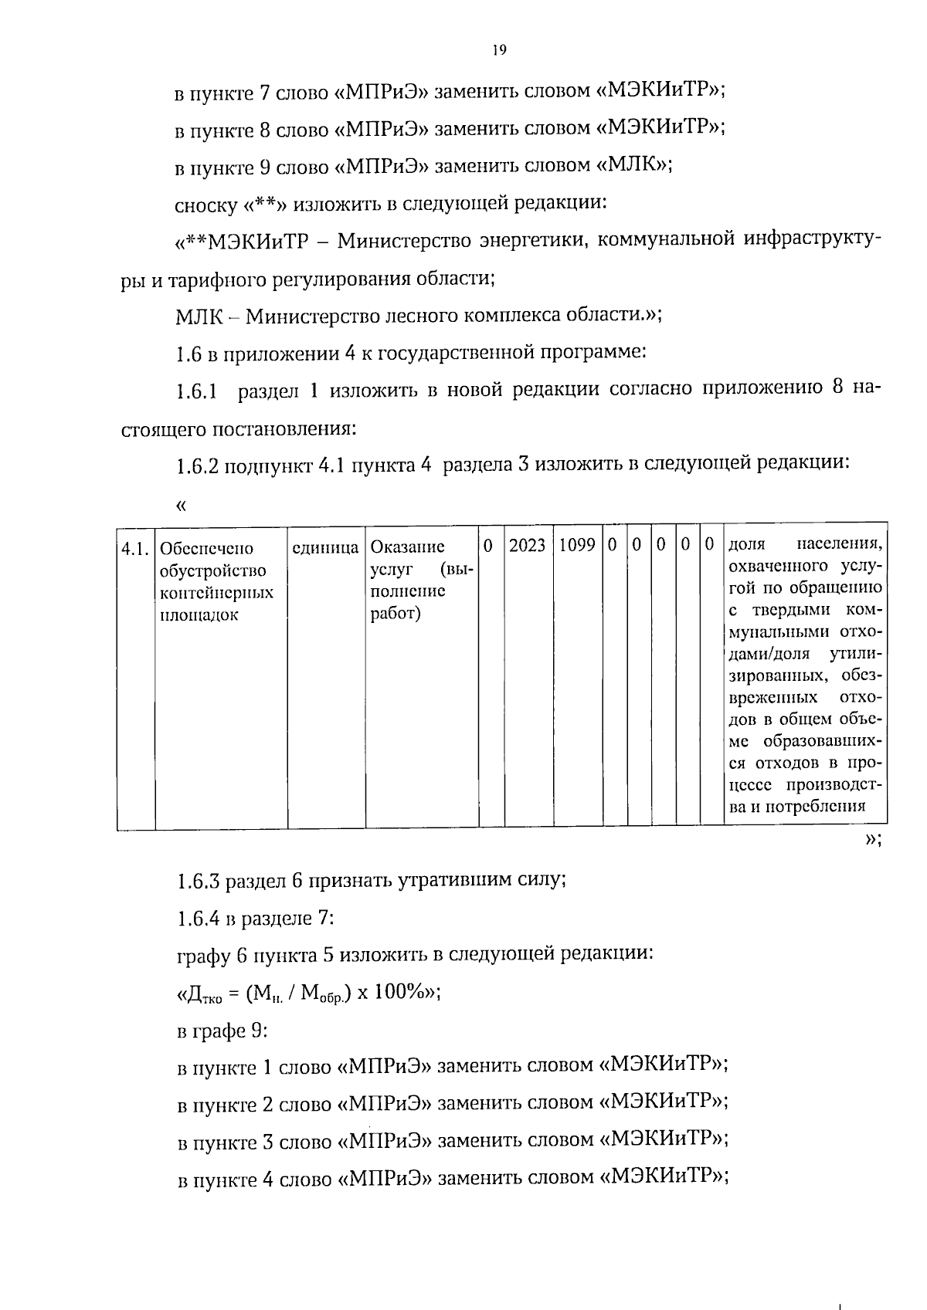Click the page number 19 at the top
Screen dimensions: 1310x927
tap(499, 50)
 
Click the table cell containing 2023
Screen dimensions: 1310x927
tap(528, 546)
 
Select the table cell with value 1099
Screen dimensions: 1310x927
tap(577, 546)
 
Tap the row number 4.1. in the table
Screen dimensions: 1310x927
tap(135, 549)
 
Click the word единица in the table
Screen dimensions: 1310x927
tap(325, 548)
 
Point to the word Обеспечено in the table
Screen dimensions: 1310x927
tap(205, 549)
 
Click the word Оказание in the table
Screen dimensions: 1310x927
tap(407, 547)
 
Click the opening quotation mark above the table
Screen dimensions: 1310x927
tap(182, 506)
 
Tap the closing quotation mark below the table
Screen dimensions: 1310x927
tap(871, 841)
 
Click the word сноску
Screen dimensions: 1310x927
tap(206, 205)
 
